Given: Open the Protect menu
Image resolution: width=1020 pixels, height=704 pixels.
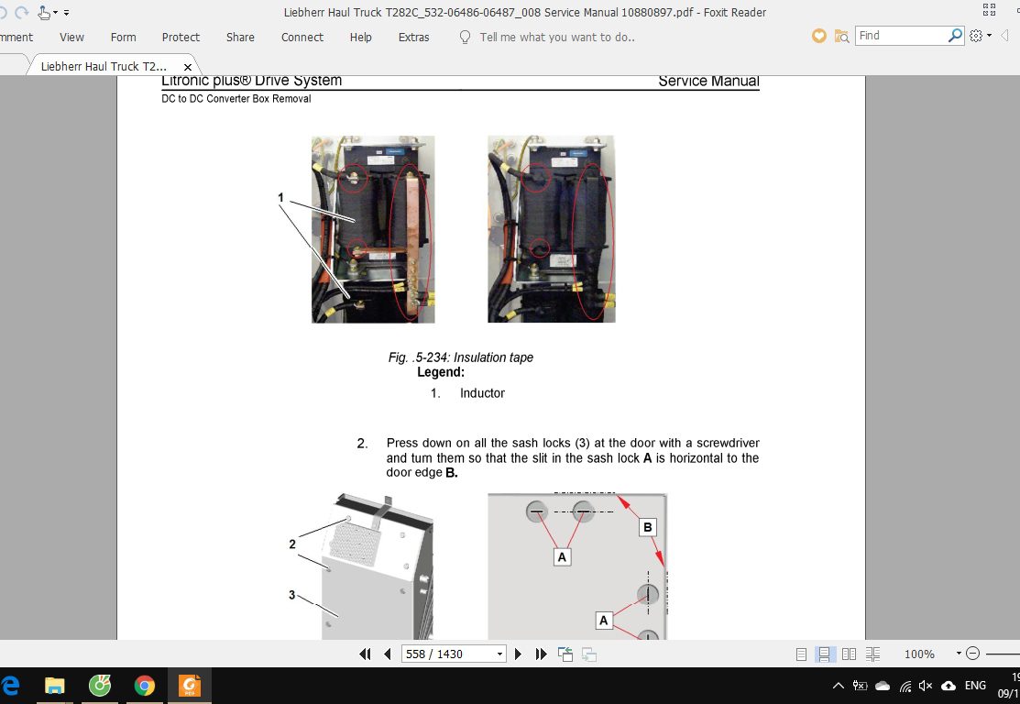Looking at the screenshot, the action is (x=181, y=37).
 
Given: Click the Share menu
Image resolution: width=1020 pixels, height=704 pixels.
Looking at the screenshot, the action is (x=240, y=37).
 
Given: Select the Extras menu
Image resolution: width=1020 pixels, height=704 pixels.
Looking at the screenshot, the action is (x=413, y=37).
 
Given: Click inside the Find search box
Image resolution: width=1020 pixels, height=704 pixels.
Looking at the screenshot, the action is (x=901, y=35).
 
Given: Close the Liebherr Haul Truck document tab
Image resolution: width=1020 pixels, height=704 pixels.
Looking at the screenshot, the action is (x=187, y=66).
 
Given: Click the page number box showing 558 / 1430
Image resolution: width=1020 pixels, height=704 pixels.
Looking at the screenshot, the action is (x=453, y=654).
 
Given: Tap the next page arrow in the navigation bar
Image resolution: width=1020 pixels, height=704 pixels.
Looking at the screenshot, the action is (x=518, y=654).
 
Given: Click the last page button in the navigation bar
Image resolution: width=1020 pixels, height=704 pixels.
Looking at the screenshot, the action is (x=542, y=654).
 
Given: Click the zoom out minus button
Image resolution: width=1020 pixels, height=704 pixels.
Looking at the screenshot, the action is (x=972, y=654).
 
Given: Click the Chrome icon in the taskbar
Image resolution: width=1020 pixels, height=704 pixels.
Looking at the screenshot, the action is (x=145, y=686).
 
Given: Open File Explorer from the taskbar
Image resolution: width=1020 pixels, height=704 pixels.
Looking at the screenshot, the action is (x=55, y=686).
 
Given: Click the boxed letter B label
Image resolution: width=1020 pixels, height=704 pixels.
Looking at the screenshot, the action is (x=647, y=527).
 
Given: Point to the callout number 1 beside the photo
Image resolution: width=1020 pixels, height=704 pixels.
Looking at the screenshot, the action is (x=281, y=197).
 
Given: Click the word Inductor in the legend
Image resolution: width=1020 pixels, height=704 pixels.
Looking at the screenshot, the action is (x=482, y=393).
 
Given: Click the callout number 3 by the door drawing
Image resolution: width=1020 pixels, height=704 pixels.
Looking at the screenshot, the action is (x=292, y=595).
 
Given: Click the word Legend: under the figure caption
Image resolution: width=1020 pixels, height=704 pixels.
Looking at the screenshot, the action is (x=441, y=372).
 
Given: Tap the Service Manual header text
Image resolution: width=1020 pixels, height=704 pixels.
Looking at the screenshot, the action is (x=708, y=82).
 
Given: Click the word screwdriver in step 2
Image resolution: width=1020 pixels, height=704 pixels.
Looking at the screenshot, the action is (x=728, y=443).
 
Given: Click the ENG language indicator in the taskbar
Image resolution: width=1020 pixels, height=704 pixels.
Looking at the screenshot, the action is (x=975, y=685).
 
